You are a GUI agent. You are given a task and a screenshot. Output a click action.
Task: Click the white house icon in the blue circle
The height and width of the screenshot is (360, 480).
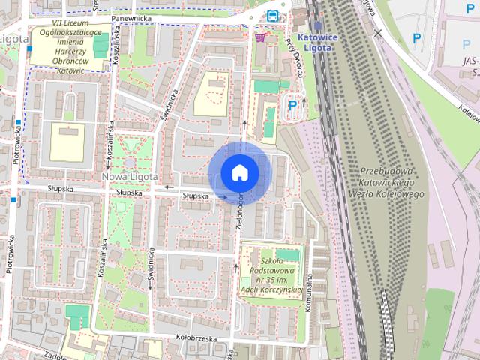pyautogui.click(x=240, y=172)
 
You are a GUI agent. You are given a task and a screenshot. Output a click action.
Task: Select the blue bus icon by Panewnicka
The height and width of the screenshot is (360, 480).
pyautogui.click(x=272, y=16)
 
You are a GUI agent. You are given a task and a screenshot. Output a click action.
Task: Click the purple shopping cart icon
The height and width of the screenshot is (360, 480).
pyautogui.click(x=260, y=37)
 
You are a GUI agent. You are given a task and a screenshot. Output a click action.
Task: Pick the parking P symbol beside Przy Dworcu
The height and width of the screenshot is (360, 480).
pyautogui.click(x=292, y=106)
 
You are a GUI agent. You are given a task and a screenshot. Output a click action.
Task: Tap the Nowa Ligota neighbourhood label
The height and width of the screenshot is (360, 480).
pyautogui.click(x=129, y=176)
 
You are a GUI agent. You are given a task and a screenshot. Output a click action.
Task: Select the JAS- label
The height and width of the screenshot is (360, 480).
pyautogui.click(x=471, y=61)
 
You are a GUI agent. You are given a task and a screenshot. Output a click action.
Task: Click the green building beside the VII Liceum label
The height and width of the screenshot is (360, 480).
pyautogui.click(x=101, y=45)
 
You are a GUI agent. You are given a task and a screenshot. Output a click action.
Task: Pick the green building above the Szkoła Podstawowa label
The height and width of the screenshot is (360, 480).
pyautogui.click(x=286, y=255)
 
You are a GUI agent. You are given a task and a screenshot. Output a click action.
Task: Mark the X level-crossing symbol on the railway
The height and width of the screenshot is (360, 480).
pyautogui.click(x=378, y=33)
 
